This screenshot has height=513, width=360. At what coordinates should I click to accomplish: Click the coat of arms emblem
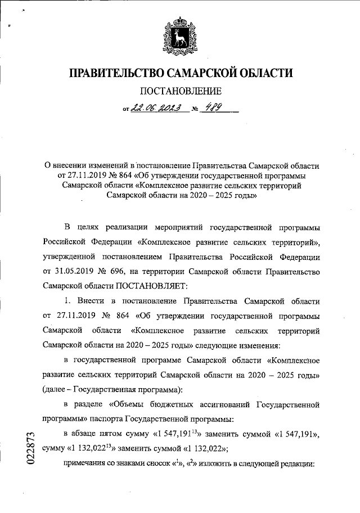179,35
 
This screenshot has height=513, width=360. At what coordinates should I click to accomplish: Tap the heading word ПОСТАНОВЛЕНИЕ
180,91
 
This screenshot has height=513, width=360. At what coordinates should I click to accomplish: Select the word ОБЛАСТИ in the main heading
264,74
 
